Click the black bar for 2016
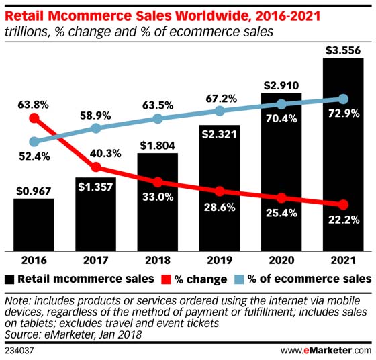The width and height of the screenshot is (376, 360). pyautogui.click(x=34, y=223)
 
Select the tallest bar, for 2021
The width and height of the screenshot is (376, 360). pyautogui.click(x=343, y=154)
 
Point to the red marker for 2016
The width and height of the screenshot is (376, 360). pyautogui.click(x=34, y=118)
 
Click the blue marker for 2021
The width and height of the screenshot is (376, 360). pyautogui.click(x=343, y=99)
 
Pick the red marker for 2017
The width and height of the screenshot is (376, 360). pyautogui.click(x=96, y=167)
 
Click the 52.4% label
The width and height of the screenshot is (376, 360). pyautogui.click(x=34, y=157)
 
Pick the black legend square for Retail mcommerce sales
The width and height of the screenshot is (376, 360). pyautogui.click(x=9, y=278)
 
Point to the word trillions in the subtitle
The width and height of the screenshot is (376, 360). pyautogui.click(x=26, y=30)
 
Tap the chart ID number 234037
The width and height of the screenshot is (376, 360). pyautogui.click(x=19, y=349)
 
